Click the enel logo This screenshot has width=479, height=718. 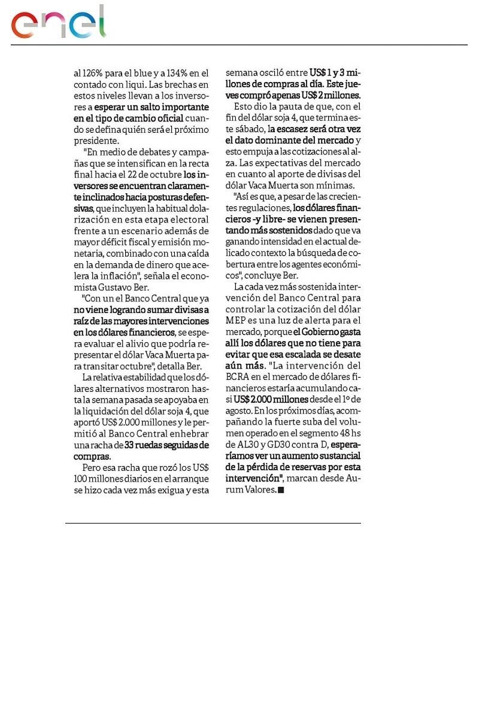point(58,24)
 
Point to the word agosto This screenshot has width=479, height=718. point(240,410)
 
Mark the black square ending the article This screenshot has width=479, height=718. point(281,490)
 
